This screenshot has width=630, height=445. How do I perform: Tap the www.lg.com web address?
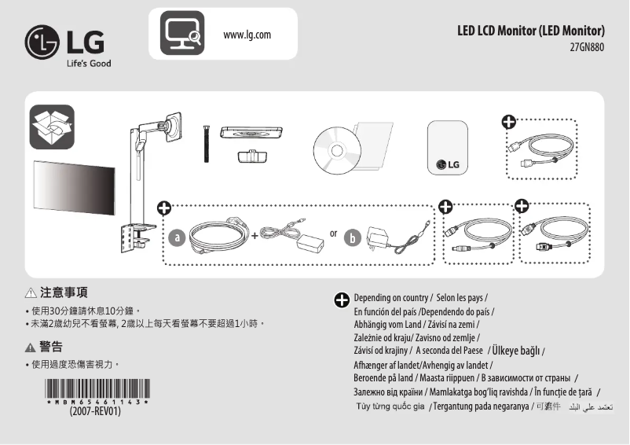coord(247,35)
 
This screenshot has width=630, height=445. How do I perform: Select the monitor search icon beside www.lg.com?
coord(182,33)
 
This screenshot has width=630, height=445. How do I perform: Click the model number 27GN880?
coord(587,46)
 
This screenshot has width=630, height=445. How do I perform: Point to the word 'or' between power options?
coord(334,233)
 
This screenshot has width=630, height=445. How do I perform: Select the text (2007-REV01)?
coord(96,411)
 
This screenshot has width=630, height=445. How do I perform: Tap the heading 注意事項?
coord(64,292)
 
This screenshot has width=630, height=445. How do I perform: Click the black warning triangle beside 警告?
coord(31,347)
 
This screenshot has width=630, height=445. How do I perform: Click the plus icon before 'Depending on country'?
coord(342,300)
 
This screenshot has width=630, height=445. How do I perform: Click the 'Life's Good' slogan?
coord(87,64)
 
